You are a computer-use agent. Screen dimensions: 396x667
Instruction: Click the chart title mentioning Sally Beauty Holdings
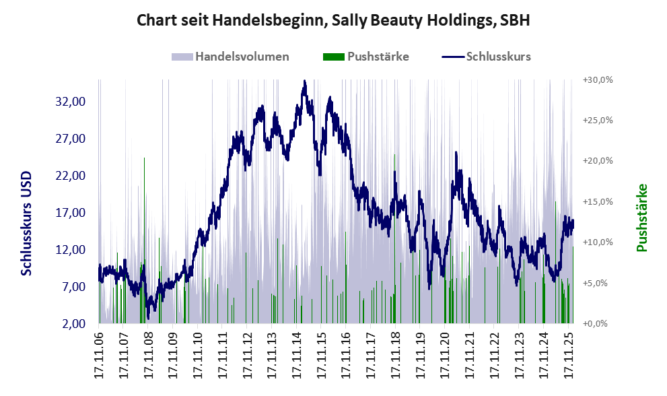tap(333, 20)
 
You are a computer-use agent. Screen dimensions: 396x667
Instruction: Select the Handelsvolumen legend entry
tap(231, 57)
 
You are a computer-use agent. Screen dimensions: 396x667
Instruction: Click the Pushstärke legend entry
tap(367, 57)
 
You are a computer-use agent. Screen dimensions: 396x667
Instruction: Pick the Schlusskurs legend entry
tap(487, 57)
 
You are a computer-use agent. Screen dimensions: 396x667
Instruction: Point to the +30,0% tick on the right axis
tap(596, 79)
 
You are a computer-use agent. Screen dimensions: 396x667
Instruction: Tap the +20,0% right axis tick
tap(596, 161)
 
